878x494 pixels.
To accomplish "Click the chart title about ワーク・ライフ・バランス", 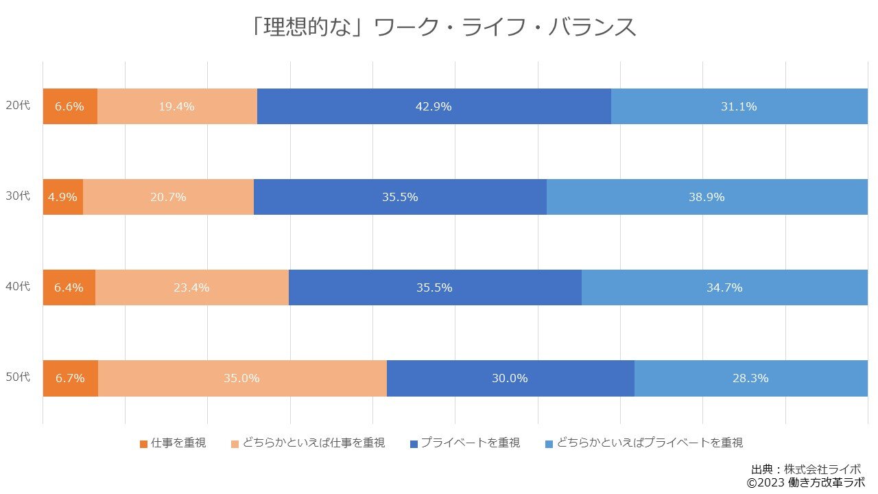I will tap(443, 27).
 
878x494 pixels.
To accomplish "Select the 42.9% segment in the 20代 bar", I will tap(434, 106).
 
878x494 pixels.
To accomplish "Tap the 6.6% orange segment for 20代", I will tap(70, 106).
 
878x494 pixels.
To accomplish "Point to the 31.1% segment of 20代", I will tap(739, 106).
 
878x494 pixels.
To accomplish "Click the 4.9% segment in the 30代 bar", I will tap(62, 197).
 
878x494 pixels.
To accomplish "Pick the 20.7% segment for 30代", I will tap(168, 197).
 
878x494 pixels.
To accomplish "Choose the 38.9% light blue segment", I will tap(707, 197).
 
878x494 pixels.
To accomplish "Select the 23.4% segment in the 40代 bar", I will tap(191, 287).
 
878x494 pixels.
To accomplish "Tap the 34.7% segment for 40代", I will tap(724, 287).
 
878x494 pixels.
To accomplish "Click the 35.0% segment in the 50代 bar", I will tap(241, 378).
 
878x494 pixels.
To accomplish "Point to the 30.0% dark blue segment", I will tap(510, 378).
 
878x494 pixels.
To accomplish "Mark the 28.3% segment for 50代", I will tap(750, 378).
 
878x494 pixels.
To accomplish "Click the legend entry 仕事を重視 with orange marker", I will tap(172, 443).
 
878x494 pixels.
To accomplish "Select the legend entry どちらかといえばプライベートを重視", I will tap(644, 443).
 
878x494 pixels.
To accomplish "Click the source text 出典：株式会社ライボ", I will tap(806, 469).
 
